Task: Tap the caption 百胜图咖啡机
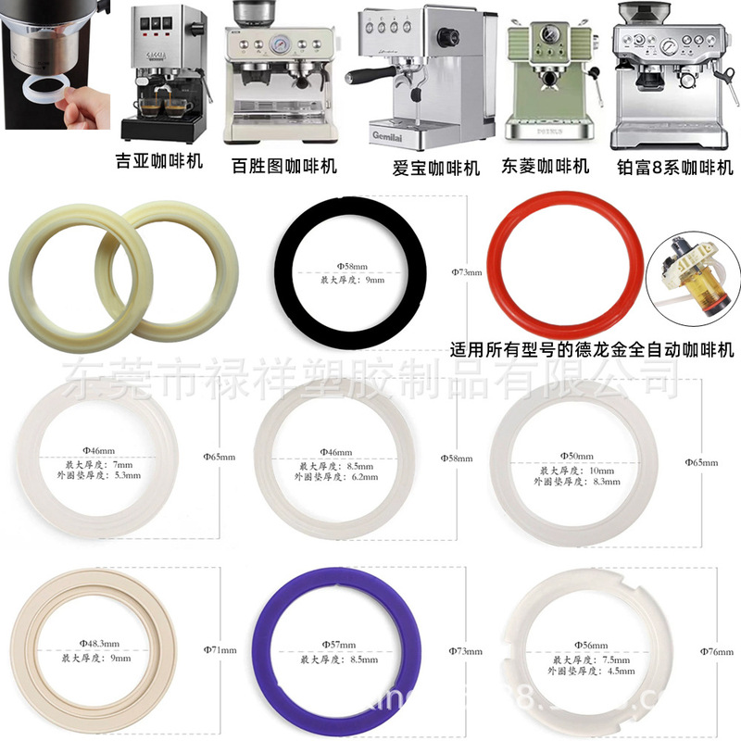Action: [283, 167]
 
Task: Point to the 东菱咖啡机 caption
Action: [546, 167]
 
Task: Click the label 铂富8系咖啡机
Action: [674, 168]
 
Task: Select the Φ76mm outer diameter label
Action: [718, 652]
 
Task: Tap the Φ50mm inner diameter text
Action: [577, 457]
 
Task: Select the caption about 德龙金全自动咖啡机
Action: [591, 351]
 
